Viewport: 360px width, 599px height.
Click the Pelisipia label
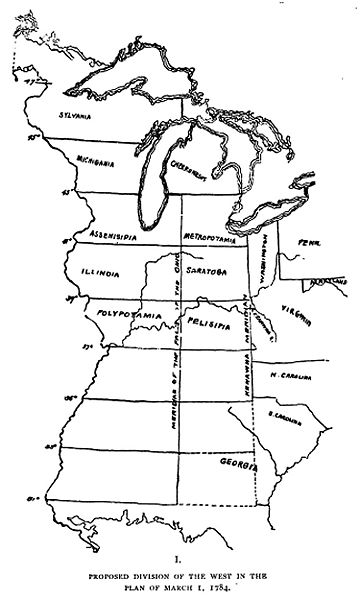[x=209, y=324]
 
